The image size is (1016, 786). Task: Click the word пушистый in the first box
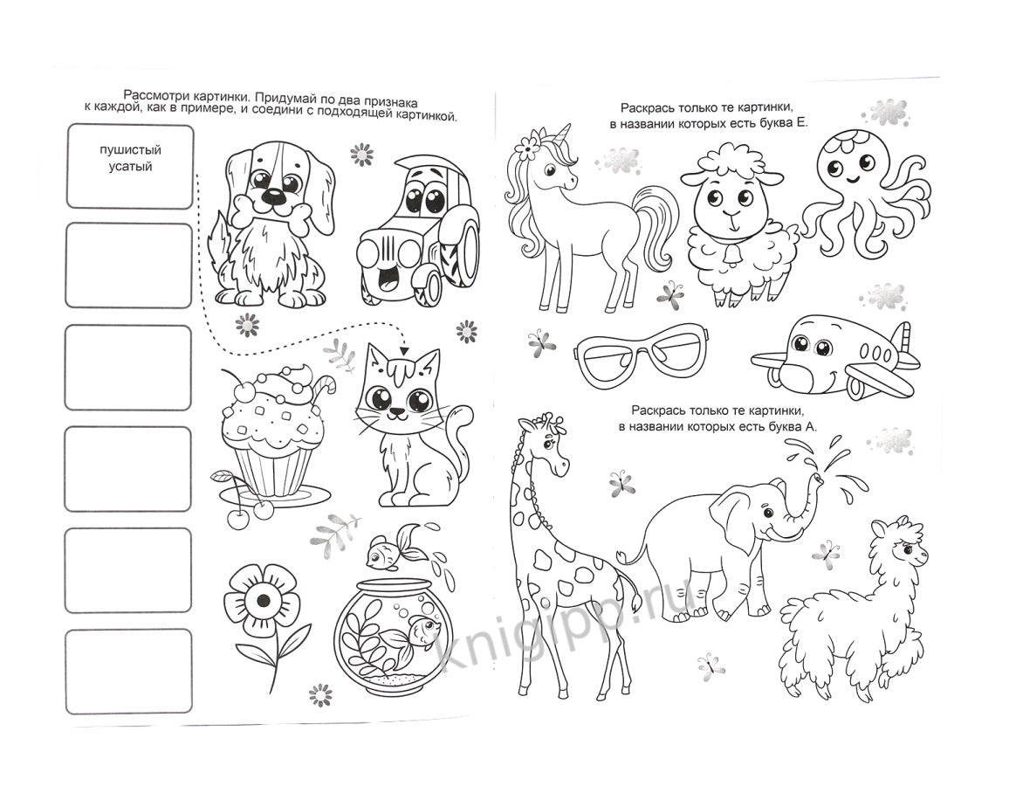(130, 150)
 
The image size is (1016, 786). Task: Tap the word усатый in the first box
(130, 167)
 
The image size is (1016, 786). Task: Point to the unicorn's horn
(565, 134)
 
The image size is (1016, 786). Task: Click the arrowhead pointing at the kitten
(405, 350)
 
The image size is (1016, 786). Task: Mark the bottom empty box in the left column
(129, 672)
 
